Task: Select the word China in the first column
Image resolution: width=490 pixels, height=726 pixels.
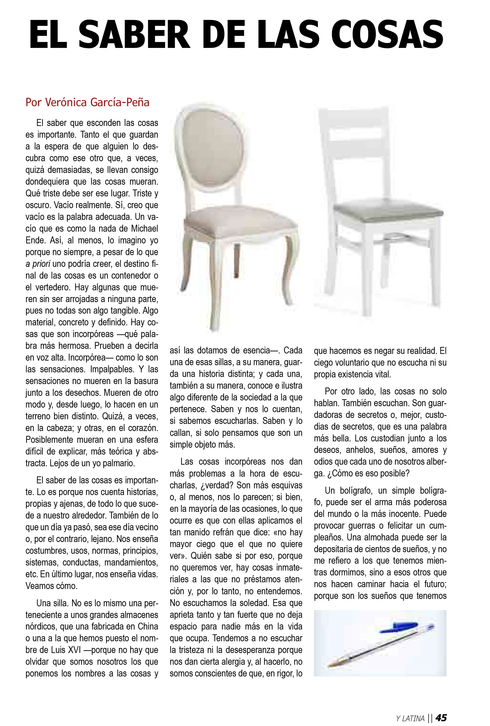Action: pyautogui.click(x=147, y=627)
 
